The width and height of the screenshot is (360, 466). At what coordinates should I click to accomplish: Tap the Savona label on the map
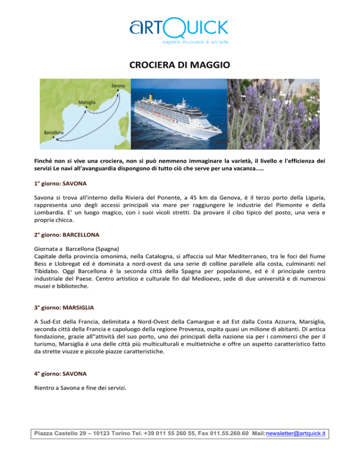[x=119, y=86]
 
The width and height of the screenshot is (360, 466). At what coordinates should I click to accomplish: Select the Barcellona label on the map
[x=54, y=133]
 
